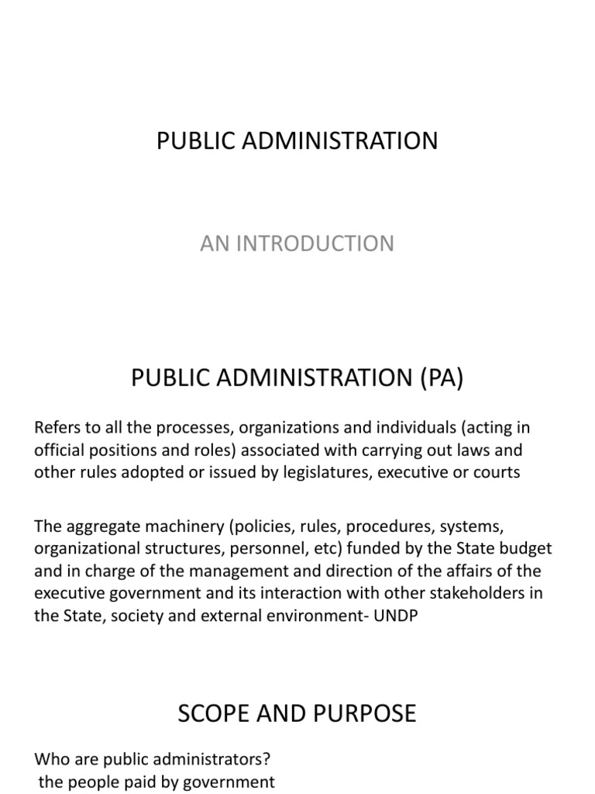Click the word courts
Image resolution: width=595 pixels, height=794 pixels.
click(497, 472)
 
